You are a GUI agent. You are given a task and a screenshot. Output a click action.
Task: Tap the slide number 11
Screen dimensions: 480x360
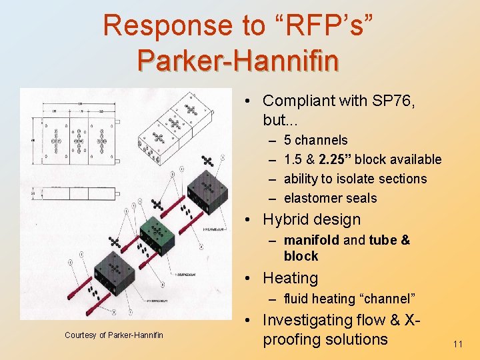click(457, 344)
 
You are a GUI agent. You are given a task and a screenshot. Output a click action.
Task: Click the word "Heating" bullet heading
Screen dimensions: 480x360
click(290, 278)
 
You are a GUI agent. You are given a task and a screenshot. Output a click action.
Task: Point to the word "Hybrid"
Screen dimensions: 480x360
click(288, 219)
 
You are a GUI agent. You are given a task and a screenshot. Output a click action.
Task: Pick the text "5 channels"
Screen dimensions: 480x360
click(315, 140)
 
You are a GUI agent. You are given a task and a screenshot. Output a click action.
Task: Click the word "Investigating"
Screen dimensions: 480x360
click(307, 321)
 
